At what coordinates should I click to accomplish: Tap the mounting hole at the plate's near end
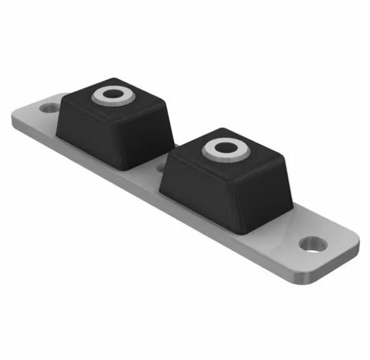(x=313, y=244)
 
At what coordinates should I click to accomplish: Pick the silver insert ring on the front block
(x=211, y=151)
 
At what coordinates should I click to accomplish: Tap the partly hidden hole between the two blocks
(x=160, y=168)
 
